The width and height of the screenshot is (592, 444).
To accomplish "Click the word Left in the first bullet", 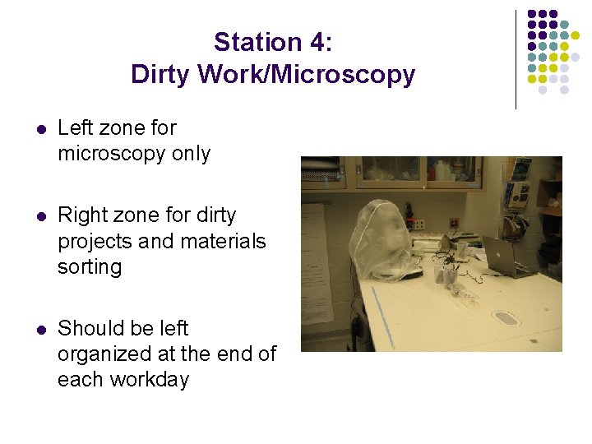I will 76,128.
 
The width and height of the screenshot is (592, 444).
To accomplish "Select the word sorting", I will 90,267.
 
